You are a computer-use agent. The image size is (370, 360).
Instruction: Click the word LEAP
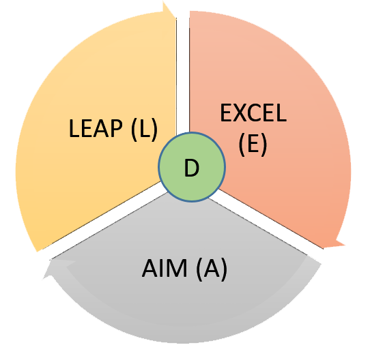(96, 128)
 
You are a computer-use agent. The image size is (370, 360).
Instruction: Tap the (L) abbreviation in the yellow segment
(144, 129)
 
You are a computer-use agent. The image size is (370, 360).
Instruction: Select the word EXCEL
(253, 113)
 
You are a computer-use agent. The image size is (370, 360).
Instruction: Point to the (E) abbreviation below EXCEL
(253, 144)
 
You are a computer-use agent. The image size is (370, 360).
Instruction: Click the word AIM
(165, 268)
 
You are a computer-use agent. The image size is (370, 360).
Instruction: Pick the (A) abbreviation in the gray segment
(212, 269)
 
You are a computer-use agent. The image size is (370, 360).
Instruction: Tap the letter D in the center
(191, 168)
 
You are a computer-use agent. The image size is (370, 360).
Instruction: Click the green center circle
(192, 167)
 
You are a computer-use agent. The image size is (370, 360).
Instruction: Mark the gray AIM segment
(184, 295)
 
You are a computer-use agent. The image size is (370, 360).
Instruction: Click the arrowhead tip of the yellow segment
(163, 1)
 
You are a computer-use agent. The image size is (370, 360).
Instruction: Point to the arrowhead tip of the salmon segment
(345, 245)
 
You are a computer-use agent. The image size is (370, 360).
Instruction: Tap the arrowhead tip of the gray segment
(44, 278)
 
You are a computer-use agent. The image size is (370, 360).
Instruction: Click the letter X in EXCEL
(240, 113)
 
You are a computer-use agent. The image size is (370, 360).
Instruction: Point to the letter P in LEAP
(116, 128)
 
